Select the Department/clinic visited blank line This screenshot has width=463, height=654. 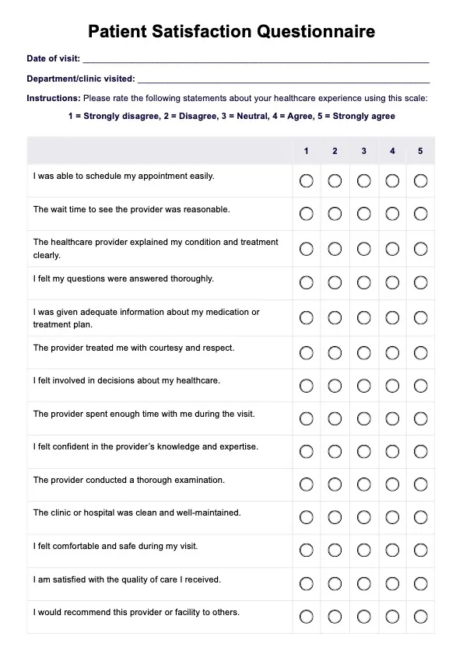(283, 79)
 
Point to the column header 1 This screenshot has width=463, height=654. (306, 151)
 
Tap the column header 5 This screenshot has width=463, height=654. (420, 151)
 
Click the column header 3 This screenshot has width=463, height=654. (363, 151)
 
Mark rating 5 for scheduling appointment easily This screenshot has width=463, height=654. (420, 180)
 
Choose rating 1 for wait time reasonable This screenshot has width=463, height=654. (306, 214)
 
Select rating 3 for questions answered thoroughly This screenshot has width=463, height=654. (363, 282)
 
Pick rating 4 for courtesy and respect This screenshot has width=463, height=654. (392, 352)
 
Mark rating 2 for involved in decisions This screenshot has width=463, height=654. (335, 385)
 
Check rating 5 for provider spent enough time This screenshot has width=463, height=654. (420, 418)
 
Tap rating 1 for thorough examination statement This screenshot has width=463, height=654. (306, 484)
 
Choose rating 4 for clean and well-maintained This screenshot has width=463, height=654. (392, 517)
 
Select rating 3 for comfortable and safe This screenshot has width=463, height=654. (363, 551)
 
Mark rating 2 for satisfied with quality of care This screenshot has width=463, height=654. (335, 583)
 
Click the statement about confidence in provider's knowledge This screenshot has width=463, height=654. (146, 447)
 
